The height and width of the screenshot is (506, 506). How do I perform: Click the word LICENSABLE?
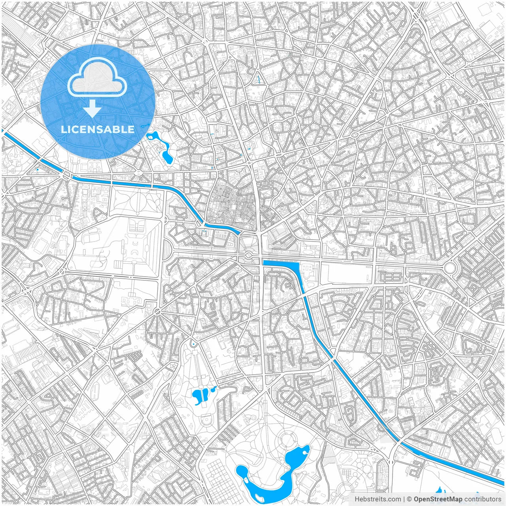(x=97, y=129)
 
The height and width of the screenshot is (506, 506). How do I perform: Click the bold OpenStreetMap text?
(x=438, y=499)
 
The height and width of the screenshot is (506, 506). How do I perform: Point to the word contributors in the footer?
(x=482, y=499)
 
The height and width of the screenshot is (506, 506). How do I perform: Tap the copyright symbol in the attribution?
(x=410, y=499)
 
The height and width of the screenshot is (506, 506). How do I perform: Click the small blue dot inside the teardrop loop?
(x=193, y=344)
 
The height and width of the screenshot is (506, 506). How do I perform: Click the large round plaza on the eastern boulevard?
(x=450, y=268)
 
